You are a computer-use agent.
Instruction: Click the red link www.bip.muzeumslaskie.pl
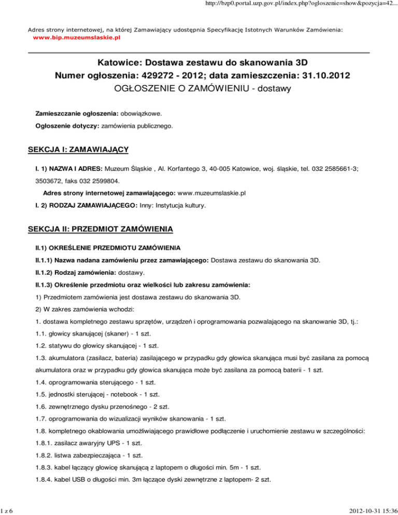click(x=76, y=38)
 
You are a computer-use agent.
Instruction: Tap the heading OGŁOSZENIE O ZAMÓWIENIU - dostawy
click(x=198, y=89)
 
